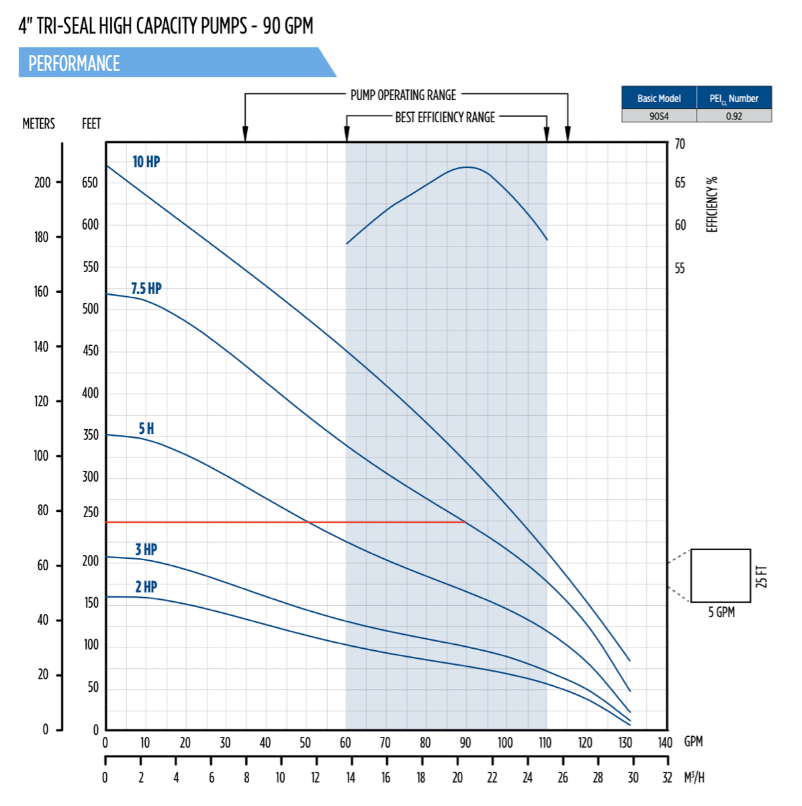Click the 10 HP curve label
[x=146, y=162]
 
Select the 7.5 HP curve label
[x=146, y=289]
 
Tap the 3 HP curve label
[x=146, y=549]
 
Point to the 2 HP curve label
[x=146, y=587]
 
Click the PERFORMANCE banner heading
[x=74, y=64]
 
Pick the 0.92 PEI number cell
[x=733, y=116]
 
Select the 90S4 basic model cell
[x=659, y=116]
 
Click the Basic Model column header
[x=659, y=98]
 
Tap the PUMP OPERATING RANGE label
[x=403, y=95]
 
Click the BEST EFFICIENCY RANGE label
[x=445, y=118]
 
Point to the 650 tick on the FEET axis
[x=90, y=183]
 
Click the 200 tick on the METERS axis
[x=42, y=183]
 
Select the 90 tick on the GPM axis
[x=465, y=743]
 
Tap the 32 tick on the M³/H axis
[x=667, y=778]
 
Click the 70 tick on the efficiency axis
[x=680, y=144]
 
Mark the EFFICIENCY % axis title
[x=712, y=205]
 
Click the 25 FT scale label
[x=761, y=576]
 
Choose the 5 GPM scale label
[x=721, y=613]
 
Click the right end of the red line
[x=465, y=522]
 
